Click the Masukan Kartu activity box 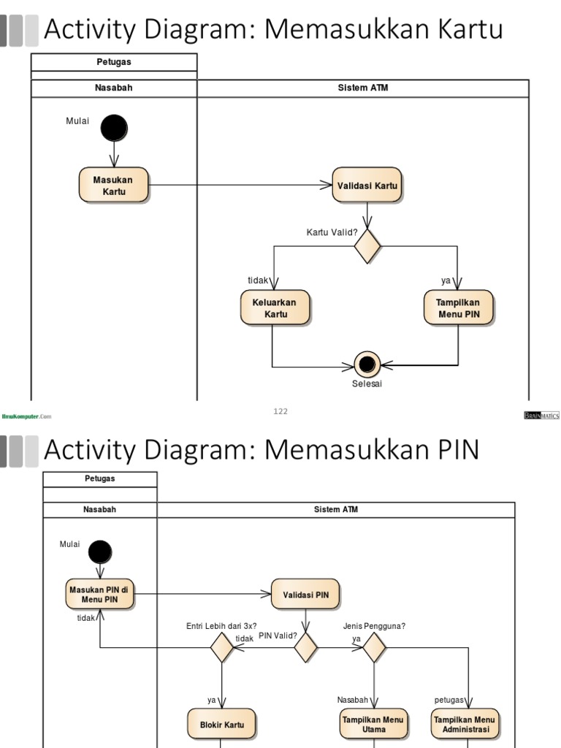[x=114, y=185]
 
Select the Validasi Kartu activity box [x=367, y=186]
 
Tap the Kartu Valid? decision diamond [x=367, y=245]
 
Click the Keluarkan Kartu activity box [x=275, y=308]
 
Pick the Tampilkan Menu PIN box [x=459, y=308]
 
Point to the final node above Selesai [x=367, y=363]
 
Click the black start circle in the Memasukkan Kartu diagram [x=114, y=129]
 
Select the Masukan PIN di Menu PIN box [x=100, y=595]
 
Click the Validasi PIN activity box [x=305, y=595]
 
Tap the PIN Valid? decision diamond [x=305, y=647]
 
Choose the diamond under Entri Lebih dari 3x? [x=221, y=647]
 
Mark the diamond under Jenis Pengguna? [x=374, y=647]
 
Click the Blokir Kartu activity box [x=221, y=724]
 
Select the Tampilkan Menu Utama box [x=373, y=724]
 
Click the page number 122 [x=280, y=411]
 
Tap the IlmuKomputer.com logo [x=27, y=416]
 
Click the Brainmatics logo [x=541, y=415]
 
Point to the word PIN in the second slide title [x=455, y=450]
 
